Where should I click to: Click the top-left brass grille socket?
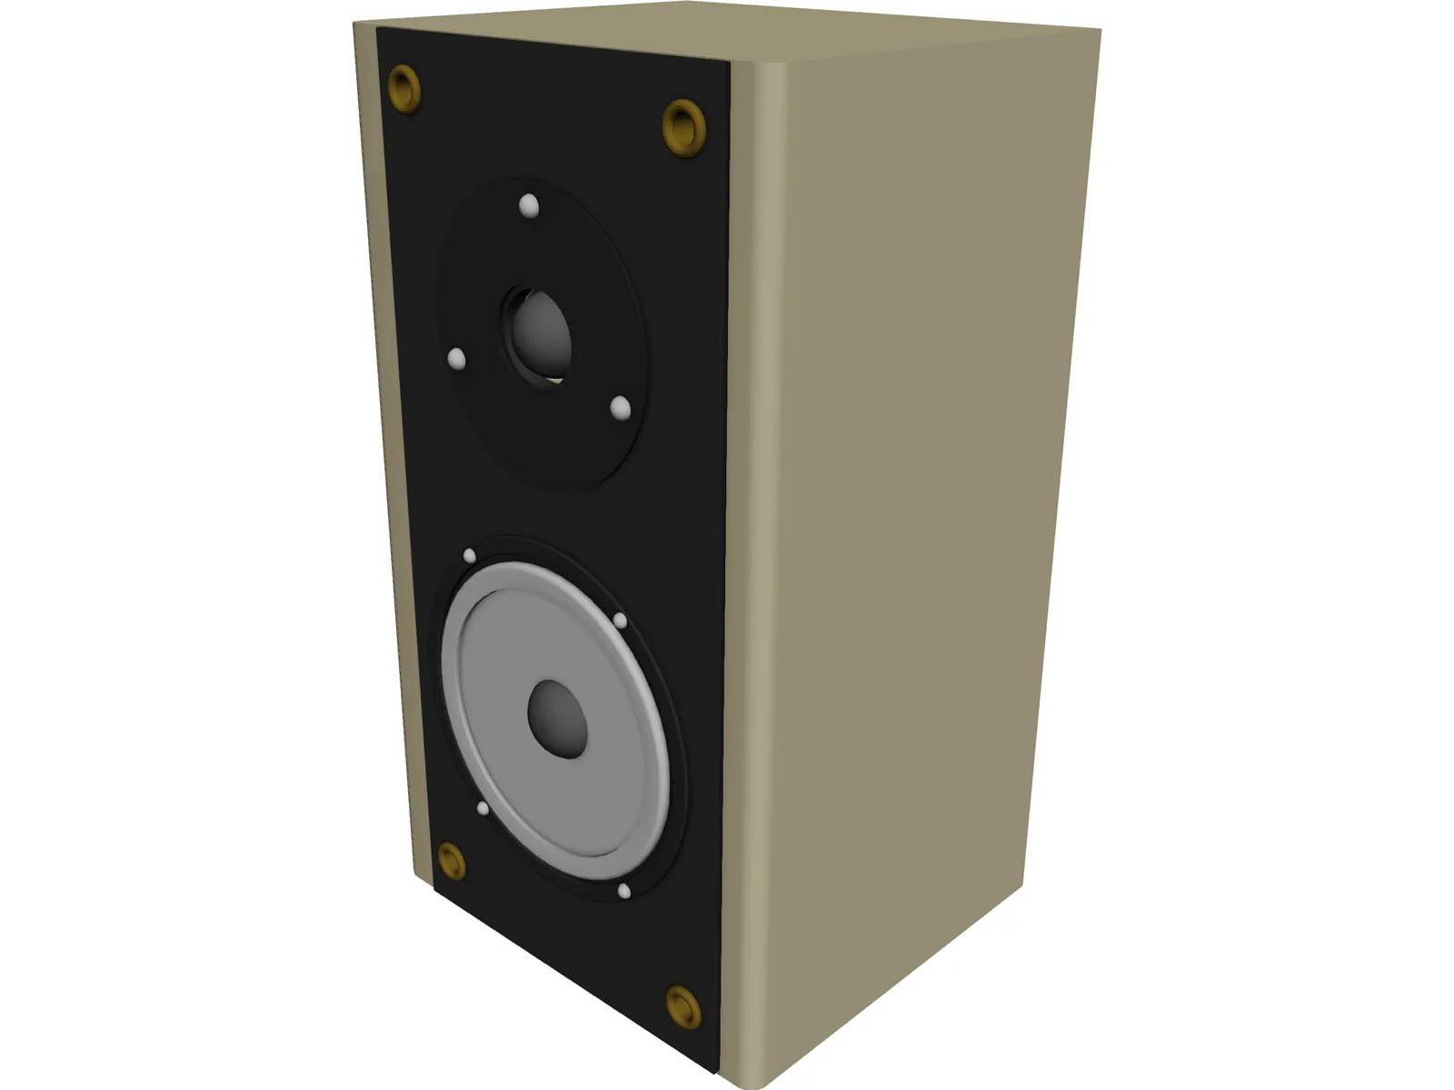pyautogui.click(x=404, y=88)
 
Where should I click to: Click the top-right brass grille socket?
pyautogui.click(x=684, y=127)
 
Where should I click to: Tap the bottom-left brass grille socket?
pyautogui.click(x=452, y=861)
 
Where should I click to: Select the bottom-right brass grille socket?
pyautogui.click(x=683, y=1006)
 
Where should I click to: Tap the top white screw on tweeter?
pyautogui.click(x=529, y=207)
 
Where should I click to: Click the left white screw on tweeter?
pyautogui.click(x=457, y=360)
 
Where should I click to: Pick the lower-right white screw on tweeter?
pyautogui.click(x=621, y=409)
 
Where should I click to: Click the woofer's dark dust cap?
pyautogui.click(x=557, y=717)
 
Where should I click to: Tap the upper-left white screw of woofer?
pyautogui.click(x=470, y=556)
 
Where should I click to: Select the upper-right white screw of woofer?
pyautogui.click(x=620, y=620)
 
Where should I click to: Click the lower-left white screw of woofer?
pyautogui.click(x=483, y=808)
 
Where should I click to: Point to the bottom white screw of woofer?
pyautogui.click(x=624, y=892)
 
